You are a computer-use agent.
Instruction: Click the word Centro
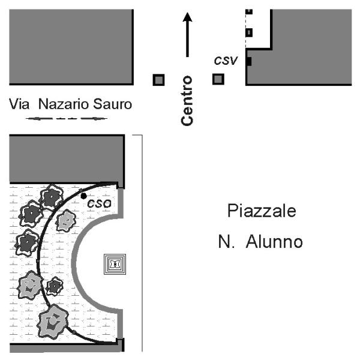tap(187, 101)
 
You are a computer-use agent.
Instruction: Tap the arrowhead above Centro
tap(188, 17)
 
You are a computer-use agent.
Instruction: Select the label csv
tap(226, 61)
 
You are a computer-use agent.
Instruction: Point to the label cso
tap(100, 203)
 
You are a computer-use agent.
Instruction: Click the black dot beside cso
tap(83, 196)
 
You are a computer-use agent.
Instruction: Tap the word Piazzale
tap(262, 211)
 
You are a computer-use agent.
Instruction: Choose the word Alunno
tap(274, 242)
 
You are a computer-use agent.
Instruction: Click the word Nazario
tap(64, 104)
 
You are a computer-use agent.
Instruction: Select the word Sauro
tap(113, 104)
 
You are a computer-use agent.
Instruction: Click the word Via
tap(19, 104)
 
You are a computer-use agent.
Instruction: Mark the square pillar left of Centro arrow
tap(158, 80)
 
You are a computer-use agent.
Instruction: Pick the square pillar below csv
tap(218, 79)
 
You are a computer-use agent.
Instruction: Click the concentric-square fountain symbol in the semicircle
tap(115, 264)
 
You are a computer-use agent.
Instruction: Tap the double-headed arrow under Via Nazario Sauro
tap(67, 118)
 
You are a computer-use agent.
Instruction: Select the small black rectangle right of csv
tap(249, 62)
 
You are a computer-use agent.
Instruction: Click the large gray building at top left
tap(71, 47)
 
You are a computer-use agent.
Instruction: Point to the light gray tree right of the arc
tap(66, 221)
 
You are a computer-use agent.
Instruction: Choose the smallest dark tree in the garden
tap(55, 286)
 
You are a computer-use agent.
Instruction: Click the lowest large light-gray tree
tap(53, 322)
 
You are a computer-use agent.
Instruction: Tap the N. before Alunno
tap(226, 242)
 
